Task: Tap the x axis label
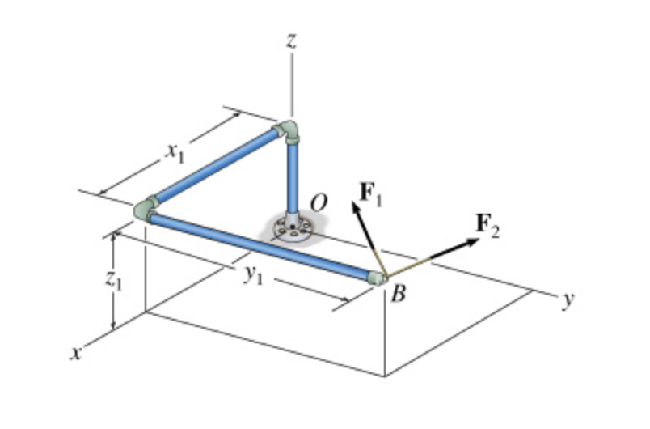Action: point(74,355)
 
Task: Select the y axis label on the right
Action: point(568,300)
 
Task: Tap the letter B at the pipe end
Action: point(397,294)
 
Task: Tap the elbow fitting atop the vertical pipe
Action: point(288,132)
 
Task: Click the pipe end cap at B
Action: point(378,278)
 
